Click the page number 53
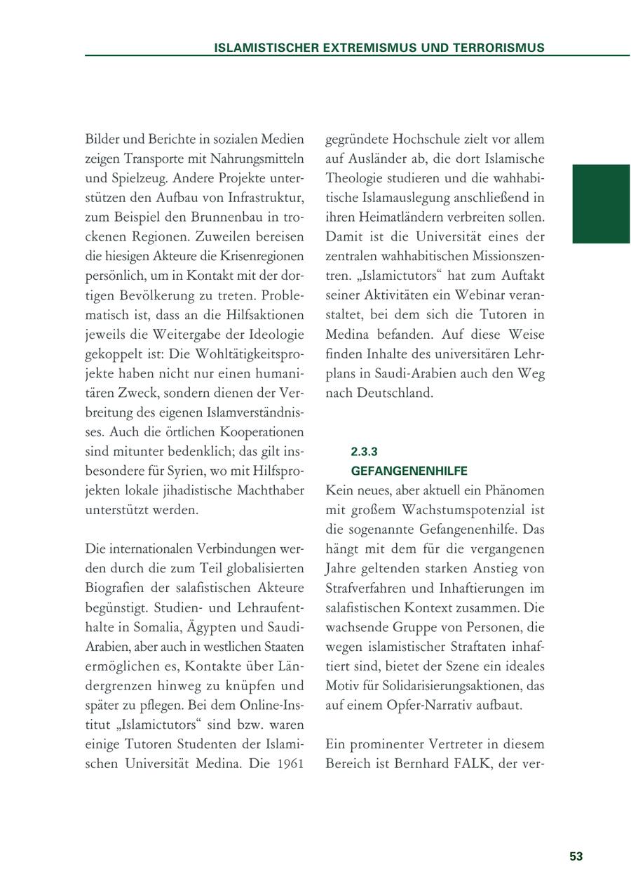click(576, 856)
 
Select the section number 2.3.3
click(364, 452)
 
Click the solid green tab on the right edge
click(601, 203)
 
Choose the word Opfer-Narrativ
click(423, 705)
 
